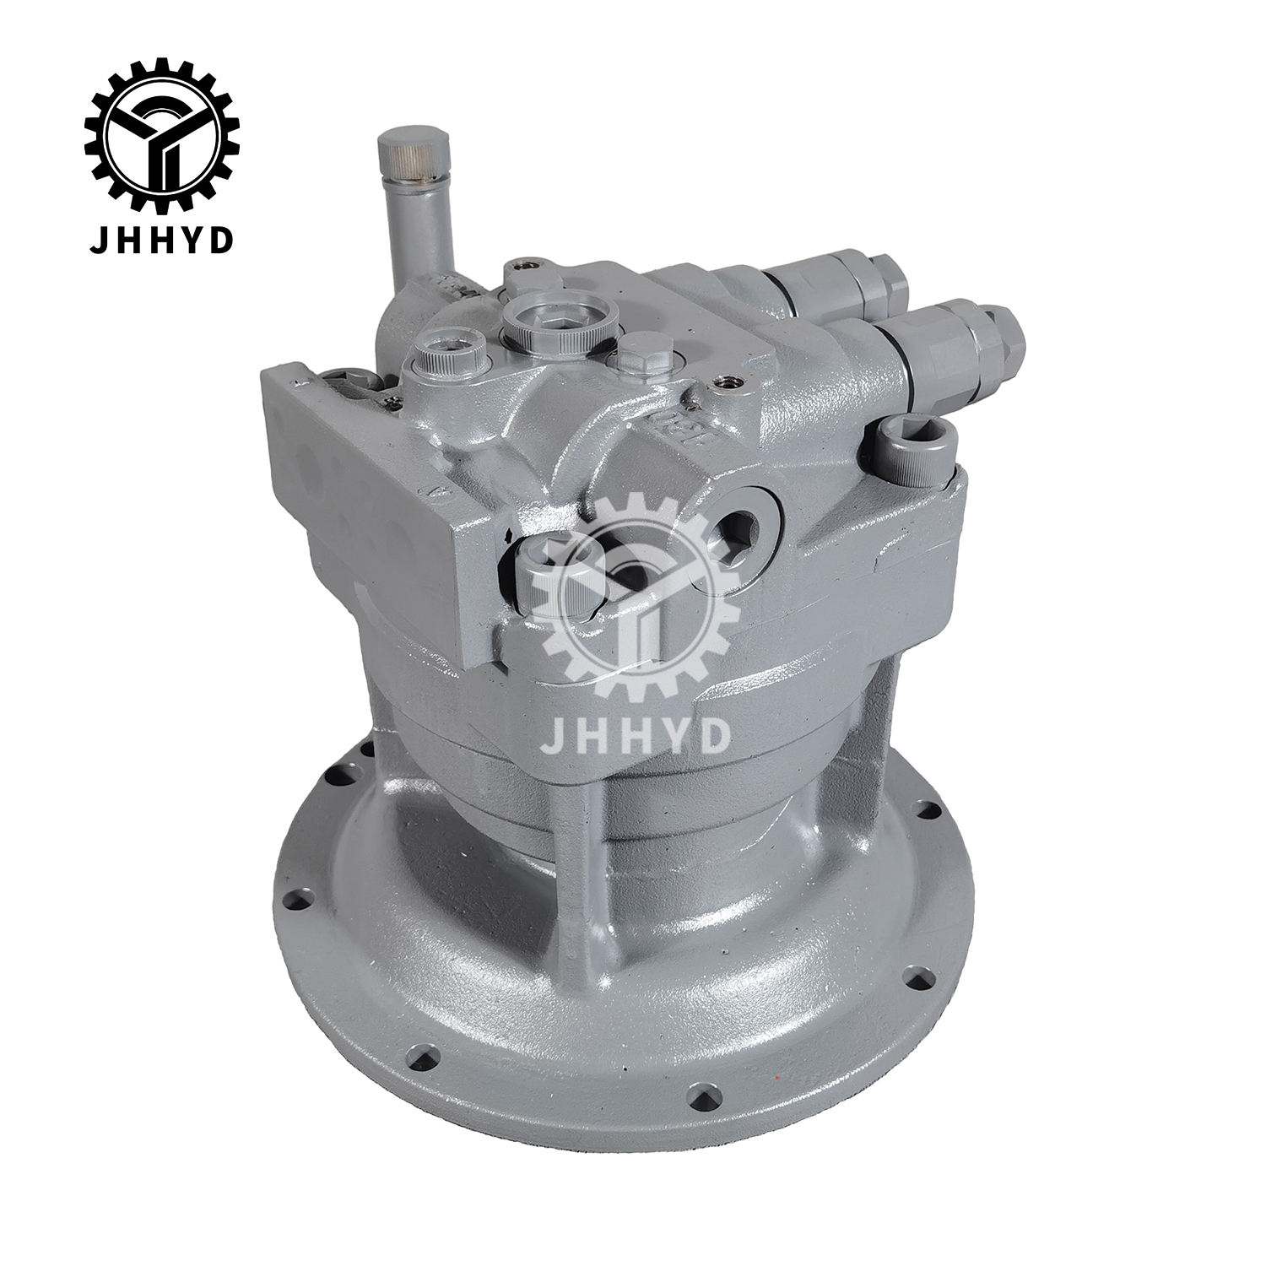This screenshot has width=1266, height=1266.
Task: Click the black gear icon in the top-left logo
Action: click(161, 135)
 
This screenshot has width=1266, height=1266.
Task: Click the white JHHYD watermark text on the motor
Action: click(634, 733)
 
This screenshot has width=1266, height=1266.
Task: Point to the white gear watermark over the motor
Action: click(641, 591)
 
